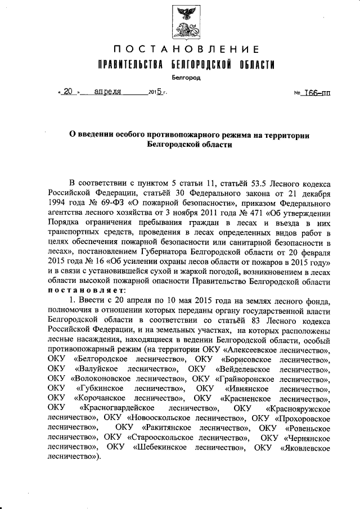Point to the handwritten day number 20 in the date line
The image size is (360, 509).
click(68, 93)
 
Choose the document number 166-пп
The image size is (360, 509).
click(317, 93)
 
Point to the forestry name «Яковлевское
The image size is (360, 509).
click(306, 447)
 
